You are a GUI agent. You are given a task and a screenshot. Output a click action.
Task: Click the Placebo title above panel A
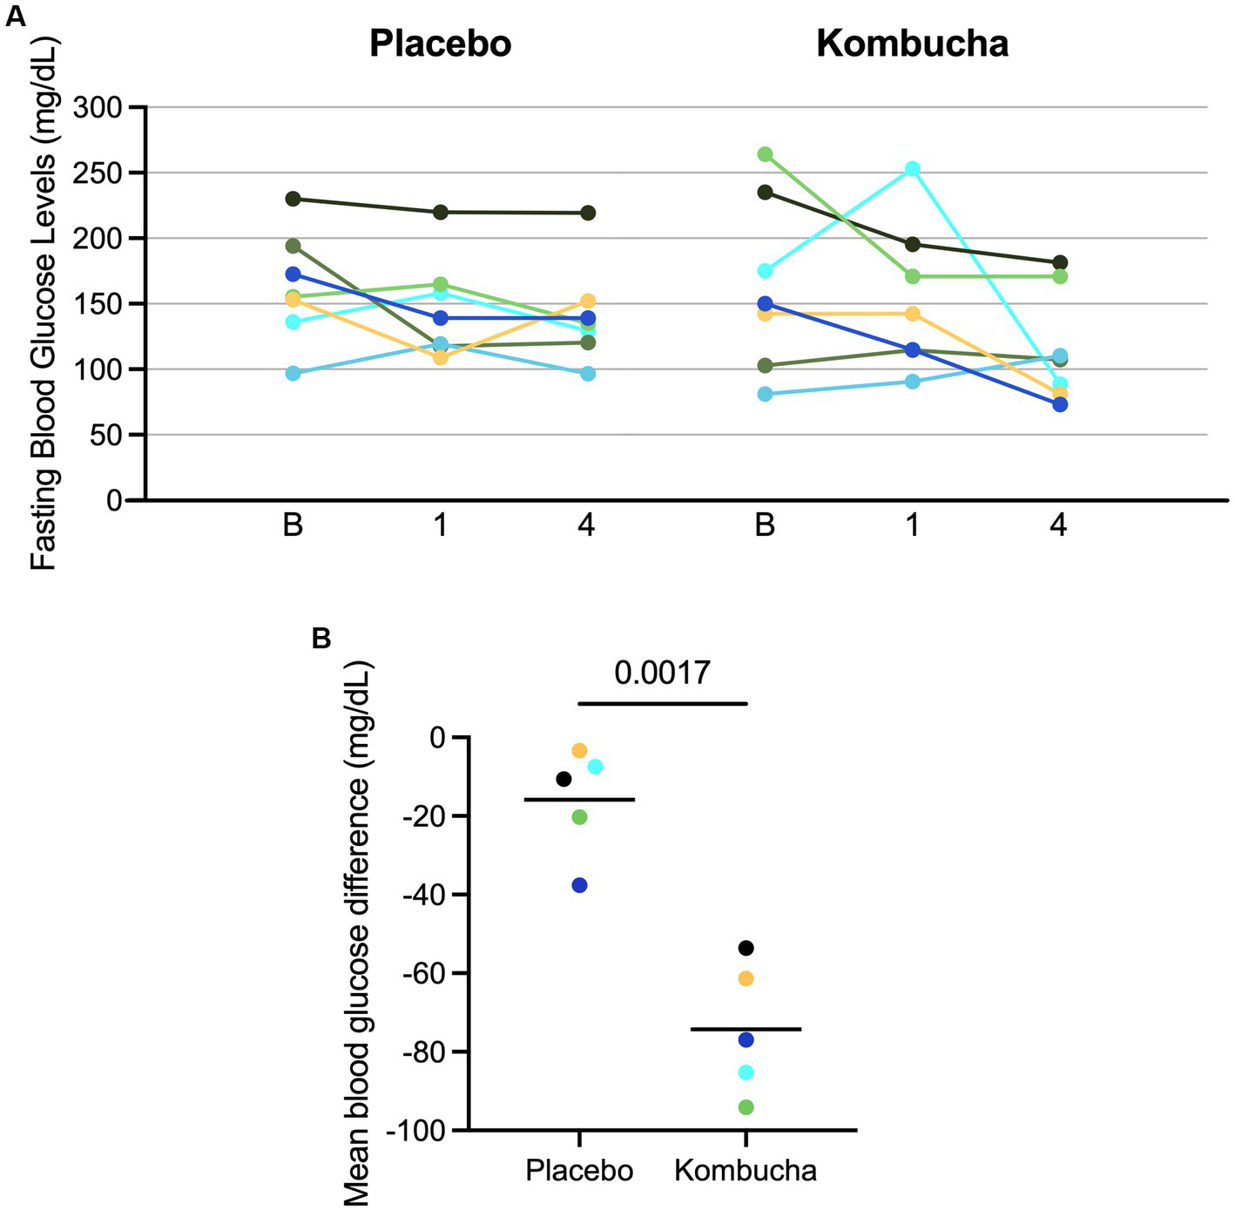(440, 44)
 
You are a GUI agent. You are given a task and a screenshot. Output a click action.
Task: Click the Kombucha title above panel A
(912, 44)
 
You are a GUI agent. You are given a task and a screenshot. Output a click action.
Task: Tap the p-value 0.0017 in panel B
(662, 673)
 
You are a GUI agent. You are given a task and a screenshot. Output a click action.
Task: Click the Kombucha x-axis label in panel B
(746, 1170)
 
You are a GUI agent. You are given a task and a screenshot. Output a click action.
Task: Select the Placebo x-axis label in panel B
(579, 1170)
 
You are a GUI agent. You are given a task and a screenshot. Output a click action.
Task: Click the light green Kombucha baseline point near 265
(765, 154)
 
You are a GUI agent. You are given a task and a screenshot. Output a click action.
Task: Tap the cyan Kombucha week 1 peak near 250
(912, 168)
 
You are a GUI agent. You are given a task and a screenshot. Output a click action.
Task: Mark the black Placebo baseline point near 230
(293, 199)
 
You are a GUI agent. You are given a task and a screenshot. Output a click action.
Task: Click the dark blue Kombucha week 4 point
(1060, 404)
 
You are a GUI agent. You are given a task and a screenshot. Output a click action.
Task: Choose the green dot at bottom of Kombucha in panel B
(746, 1107)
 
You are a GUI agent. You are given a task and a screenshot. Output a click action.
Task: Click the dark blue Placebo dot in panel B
(579, 885)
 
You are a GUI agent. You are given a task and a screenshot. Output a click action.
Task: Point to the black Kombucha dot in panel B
(746, 948)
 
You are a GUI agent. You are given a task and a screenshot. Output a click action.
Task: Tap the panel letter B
(321, 639)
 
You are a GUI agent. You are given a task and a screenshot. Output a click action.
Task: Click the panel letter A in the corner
(15, 17)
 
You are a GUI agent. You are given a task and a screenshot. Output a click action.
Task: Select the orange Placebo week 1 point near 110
(441, 357)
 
